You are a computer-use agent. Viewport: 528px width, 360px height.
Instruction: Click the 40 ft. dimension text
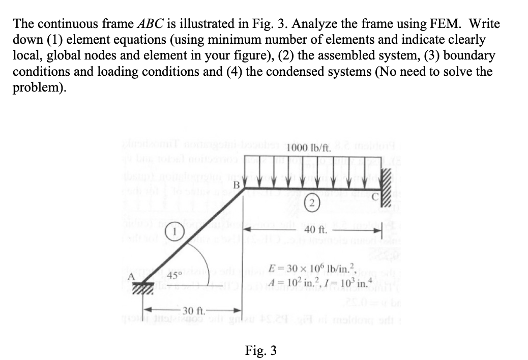314,229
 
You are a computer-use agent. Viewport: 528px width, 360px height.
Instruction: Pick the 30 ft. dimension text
193,311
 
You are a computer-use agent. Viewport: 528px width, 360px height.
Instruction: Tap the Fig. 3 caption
260,350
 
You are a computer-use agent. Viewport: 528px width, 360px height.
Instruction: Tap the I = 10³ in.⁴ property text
341,282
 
